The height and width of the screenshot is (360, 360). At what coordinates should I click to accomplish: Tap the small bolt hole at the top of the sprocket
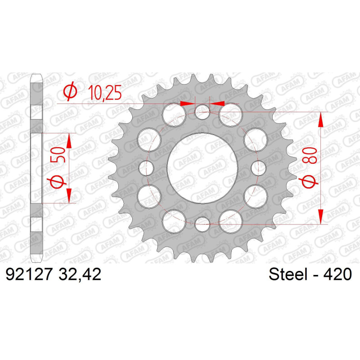coord(202,111)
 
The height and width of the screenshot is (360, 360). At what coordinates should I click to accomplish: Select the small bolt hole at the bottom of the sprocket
coord(202,221)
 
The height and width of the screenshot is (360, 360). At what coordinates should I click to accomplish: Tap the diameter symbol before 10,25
coord(70,92)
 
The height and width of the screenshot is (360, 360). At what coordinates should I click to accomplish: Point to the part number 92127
coord(29,274)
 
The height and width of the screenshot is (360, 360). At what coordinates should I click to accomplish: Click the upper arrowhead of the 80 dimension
coord(321,119)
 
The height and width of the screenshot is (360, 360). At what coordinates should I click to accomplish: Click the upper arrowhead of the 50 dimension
coord(69,140)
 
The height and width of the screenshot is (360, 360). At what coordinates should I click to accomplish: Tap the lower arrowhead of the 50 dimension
coord(69,195)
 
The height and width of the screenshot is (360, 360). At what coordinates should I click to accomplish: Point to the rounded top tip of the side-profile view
coord(36,76)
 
